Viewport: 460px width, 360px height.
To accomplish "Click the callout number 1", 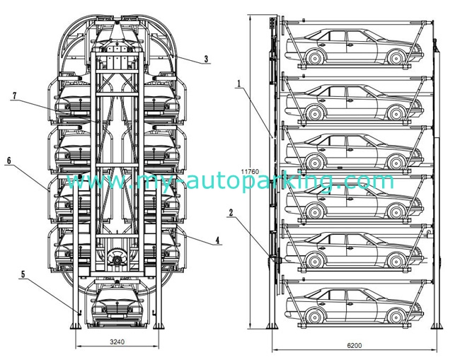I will click(x=239, y=83).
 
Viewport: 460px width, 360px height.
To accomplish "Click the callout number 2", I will click(x=231, y=211).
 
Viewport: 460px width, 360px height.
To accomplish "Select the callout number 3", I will click(x=205, y=59).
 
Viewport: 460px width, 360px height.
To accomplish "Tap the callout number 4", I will click(x=217, y=241).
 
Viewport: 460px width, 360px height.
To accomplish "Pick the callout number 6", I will click(x=9, y=161).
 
